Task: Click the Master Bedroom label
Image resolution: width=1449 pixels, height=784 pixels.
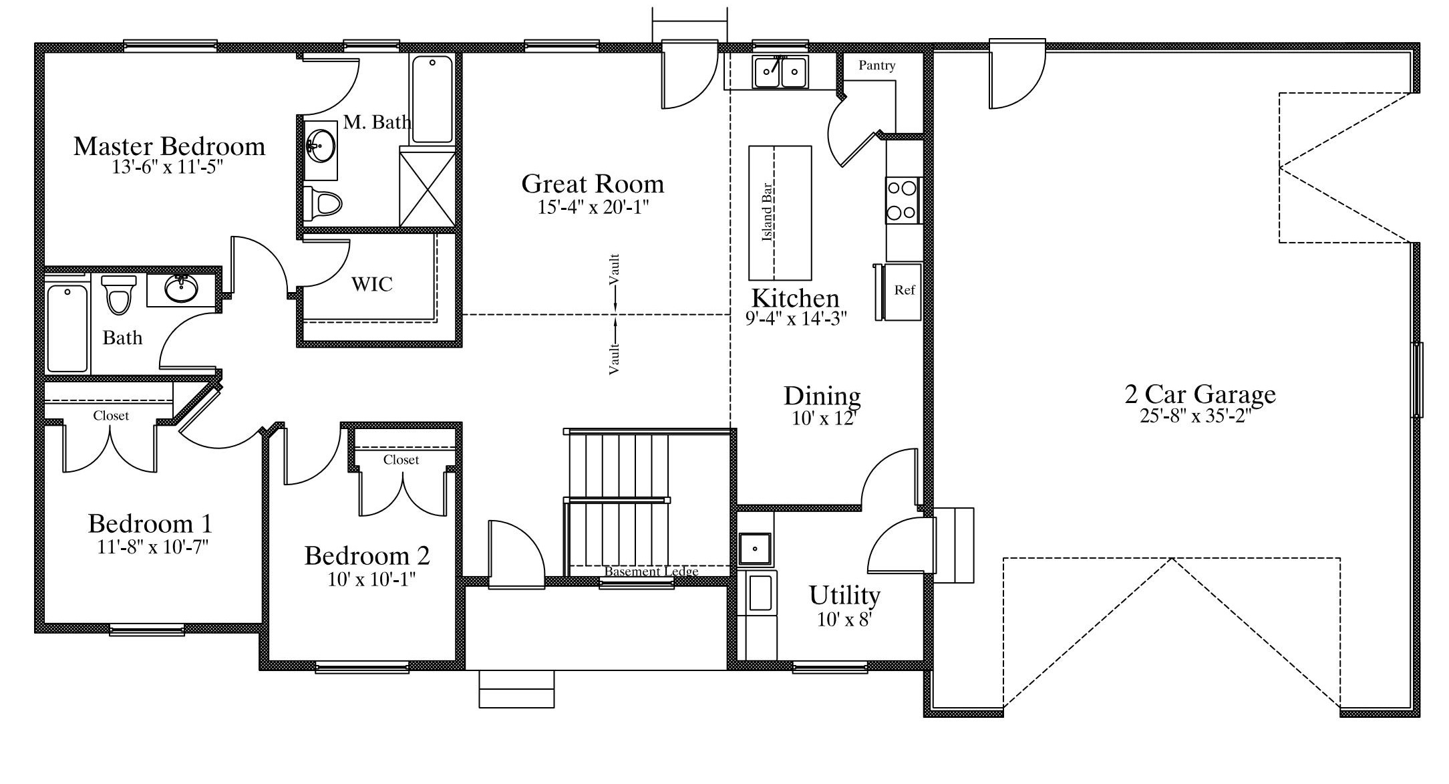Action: pos(169,146)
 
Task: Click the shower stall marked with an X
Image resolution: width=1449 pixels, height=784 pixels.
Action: pos(428,189)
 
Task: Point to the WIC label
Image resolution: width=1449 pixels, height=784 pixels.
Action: pos(372,284)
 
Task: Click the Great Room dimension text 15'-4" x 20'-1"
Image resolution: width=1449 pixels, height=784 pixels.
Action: pos(593,207)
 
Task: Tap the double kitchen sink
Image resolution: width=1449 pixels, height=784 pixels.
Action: pos(780,72)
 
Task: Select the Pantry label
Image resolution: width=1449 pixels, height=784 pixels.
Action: pos(876,65)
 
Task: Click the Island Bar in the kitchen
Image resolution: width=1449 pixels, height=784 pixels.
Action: pos(780,213)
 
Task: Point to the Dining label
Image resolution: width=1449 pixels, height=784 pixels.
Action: pos(822,396)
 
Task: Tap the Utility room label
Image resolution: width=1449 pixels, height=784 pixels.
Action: pos(844,595)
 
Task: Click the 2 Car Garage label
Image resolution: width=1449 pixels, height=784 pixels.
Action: pos(1200,394)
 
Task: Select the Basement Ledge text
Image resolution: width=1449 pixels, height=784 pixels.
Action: pos(651,571)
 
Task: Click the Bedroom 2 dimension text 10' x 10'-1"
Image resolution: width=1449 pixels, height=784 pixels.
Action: pos(372,579)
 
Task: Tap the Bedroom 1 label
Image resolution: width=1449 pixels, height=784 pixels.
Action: pos(150,523)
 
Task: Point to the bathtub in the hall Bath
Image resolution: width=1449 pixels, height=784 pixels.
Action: pos(67,328)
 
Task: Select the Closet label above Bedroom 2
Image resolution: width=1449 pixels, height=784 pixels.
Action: pos(401,460)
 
